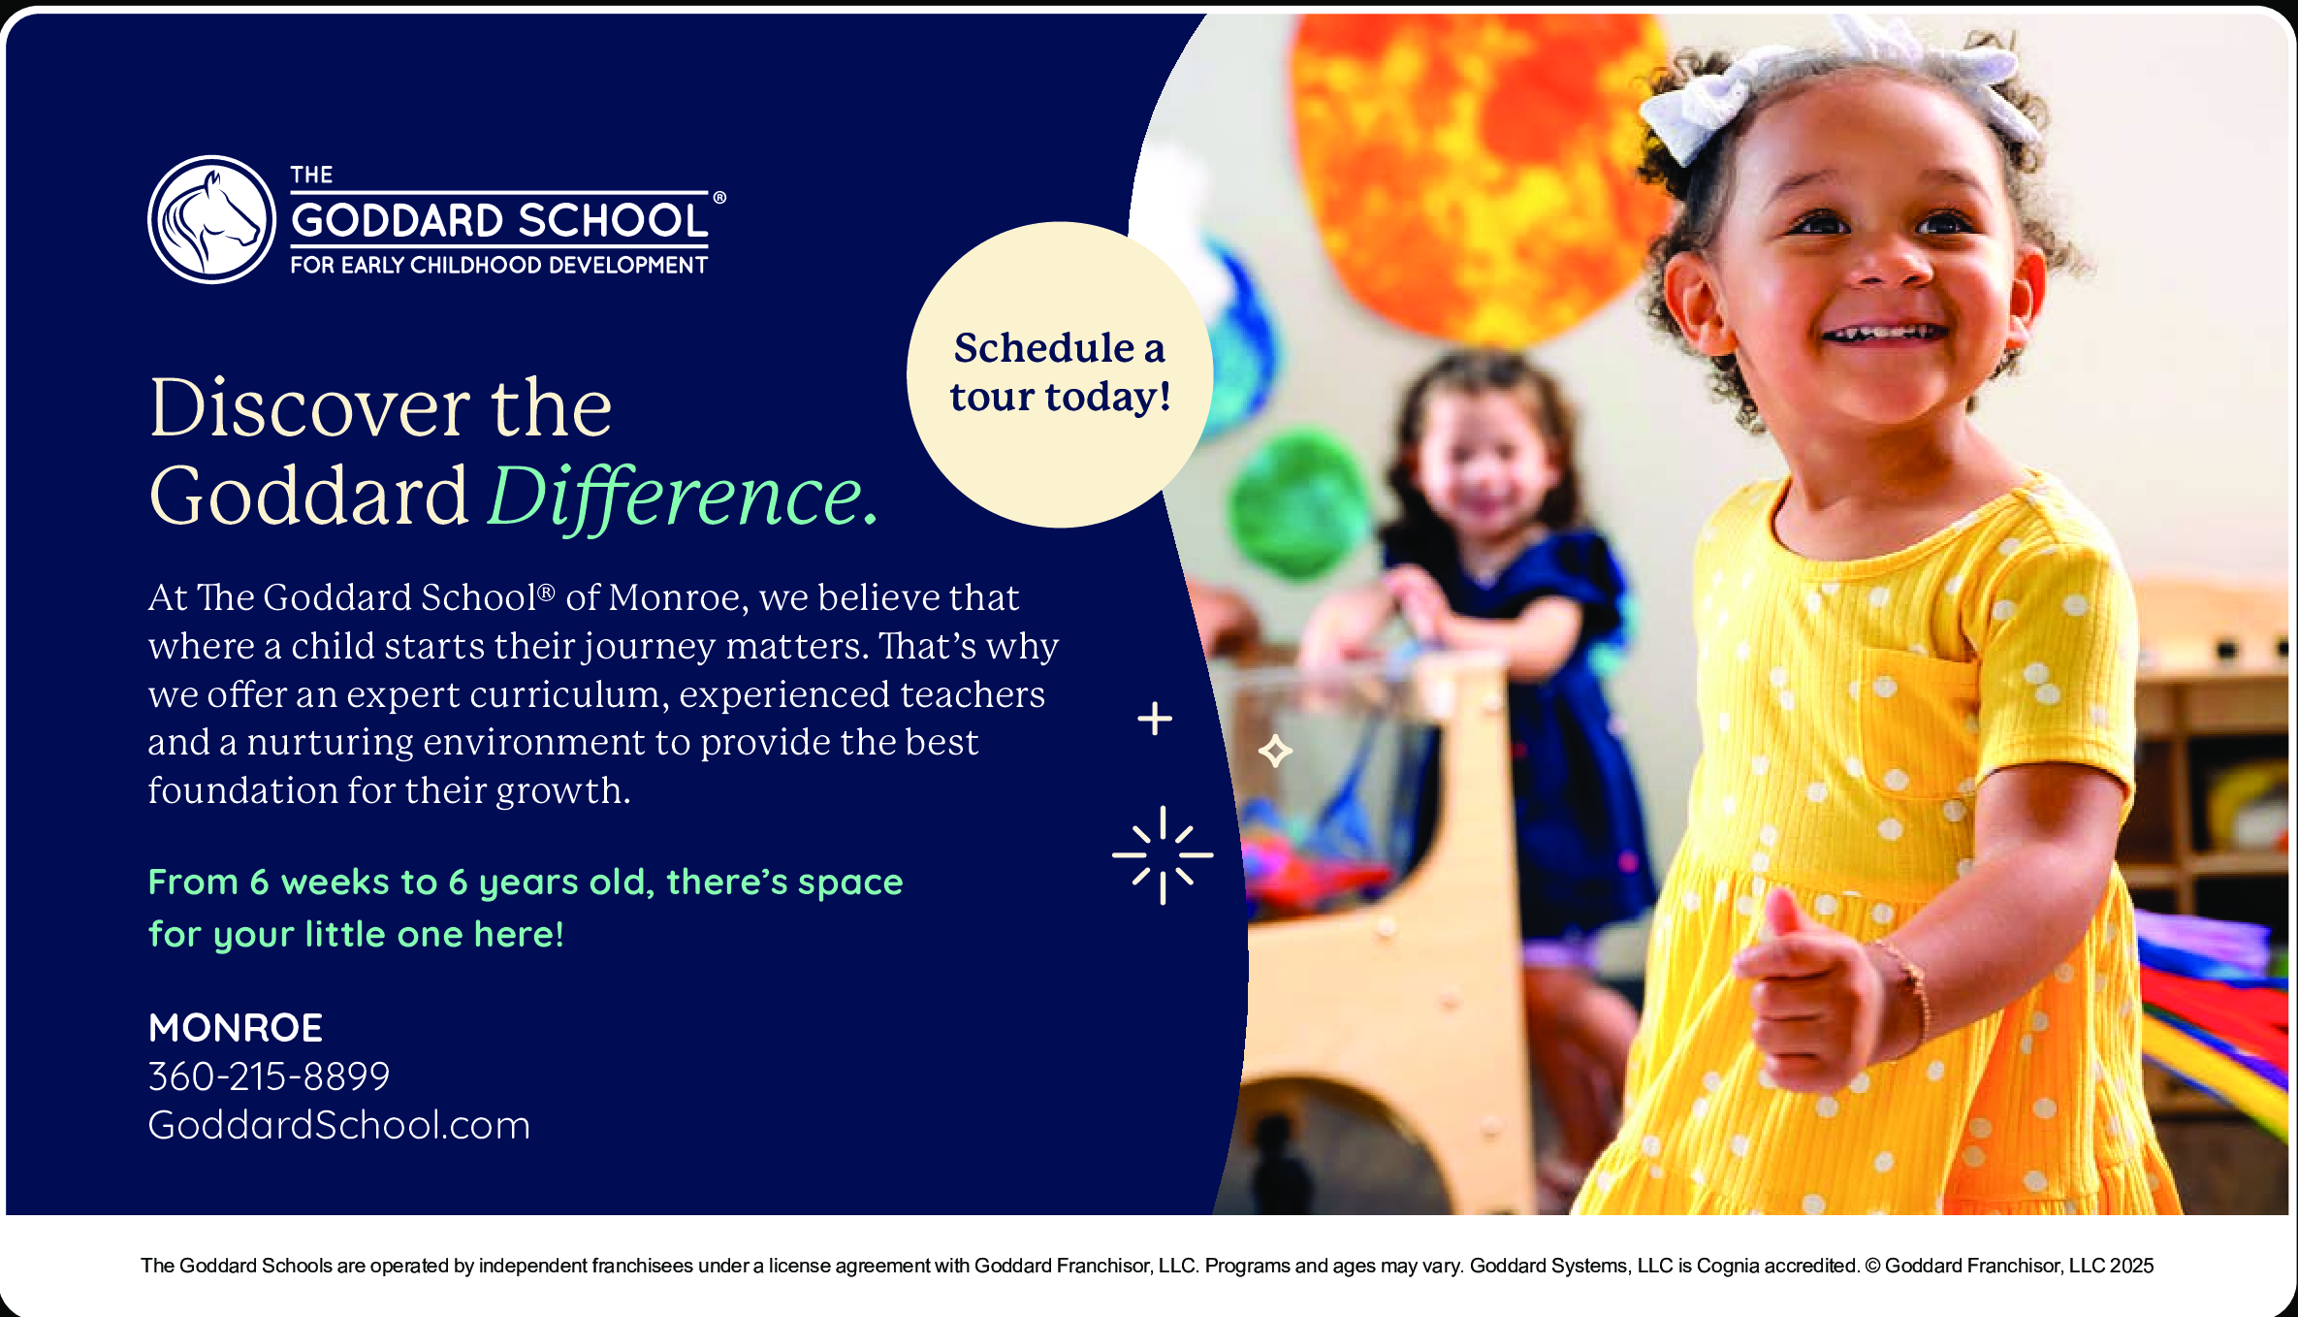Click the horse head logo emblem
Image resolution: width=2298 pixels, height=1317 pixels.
coord(212,219)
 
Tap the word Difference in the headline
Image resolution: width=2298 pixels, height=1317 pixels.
coord(684,498)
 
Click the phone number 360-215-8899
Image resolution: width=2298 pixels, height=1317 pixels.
coord(269,1076)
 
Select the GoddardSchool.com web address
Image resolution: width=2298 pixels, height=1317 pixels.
coord(338,1125)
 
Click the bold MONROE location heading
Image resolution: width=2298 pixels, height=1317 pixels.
coord(235,1028)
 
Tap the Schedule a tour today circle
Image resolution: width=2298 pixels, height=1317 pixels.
coord(1060,374)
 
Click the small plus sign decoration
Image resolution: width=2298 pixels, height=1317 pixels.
coord(1155,719)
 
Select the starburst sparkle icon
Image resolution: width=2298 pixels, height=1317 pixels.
coord(1163,855)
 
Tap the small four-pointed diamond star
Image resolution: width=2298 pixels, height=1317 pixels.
coord(1275,751)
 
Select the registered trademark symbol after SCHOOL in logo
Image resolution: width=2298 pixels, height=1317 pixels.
coord(719,198)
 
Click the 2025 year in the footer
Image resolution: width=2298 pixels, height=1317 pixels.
coord(2131,1266)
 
